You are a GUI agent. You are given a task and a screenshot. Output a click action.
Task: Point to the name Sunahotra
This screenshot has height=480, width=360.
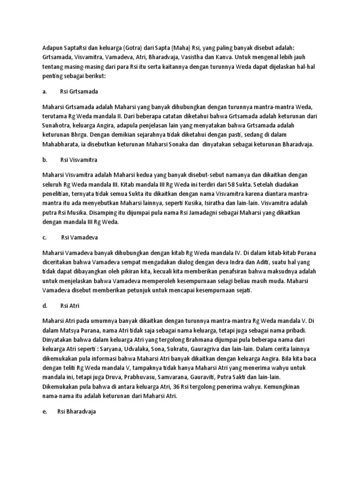[x=60, y=127]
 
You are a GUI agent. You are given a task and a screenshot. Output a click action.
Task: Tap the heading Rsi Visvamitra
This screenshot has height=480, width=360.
[x=79, y=160]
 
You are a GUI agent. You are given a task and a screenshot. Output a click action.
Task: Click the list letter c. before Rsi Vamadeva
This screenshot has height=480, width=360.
[x=45, y=238]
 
